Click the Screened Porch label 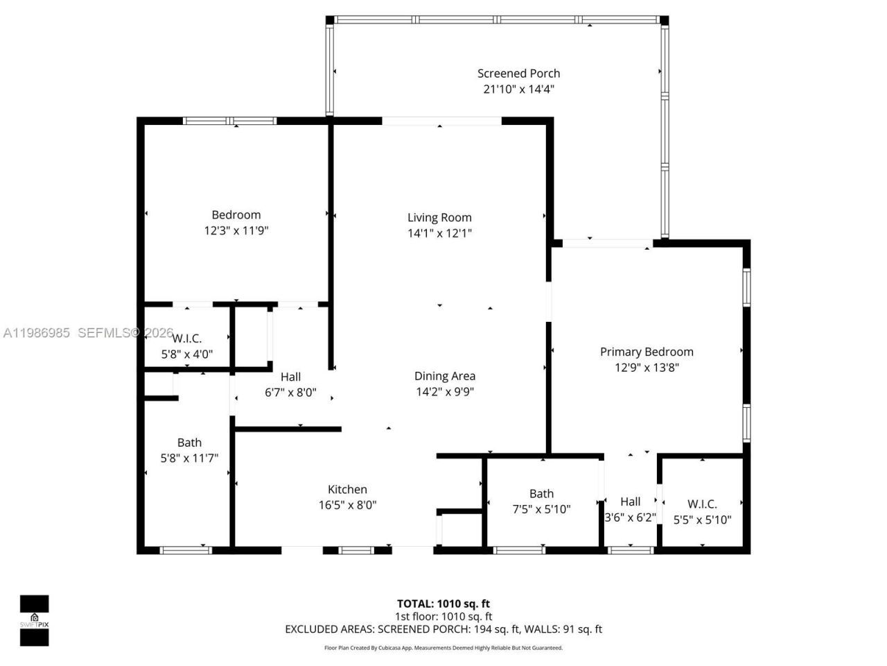pos(518,74)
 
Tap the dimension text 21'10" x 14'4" pos(518,89)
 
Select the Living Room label pos(439,218)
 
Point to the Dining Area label pos(445,376)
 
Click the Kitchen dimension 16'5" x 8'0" pos(347,506)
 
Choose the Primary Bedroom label pos(647,352)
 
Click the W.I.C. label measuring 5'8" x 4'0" pos(186,339)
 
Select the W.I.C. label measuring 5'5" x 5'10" pos(702,504)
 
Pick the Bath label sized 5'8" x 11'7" pos(189,443)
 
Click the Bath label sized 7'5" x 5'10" pos(541,494)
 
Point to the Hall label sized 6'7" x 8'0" pos(290,377)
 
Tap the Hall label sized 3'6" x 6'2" pos(630,502)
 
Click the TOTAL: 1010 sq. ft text pos(443,604)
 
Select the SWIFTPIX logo pos(34,620)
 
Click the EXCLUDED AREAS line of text pos(443,629)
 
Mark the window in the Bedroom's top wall pos(229,121)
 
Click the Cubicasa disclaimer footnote pos(443,648)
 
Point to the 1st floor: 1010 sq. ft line pos(443,616)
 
